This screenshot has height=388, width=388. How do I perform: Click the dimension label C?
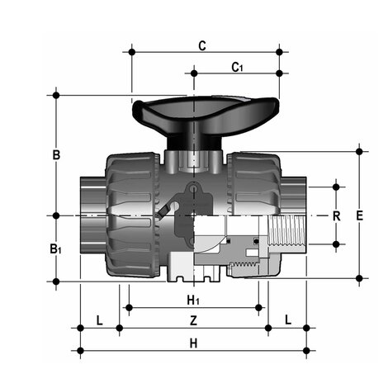[x=202, y=46]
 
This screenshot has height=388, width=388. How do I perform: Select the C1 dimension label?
[x=236, y=67]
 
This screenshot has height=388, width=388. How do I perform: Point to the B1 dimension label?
[x=55, y=248]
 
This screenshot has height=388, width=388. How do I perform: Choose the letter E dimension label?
[x=359, y=215]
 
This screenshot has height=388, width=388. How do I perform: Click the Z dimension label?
[x=193, y=319]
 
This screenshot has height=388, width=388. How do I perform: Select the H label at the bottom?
[x=193, y=342]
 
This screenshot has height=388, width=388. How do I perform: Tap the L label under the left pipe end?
[x=99, y=319]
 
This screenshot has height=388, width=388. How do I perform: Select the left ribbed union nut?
[x=132, y=215]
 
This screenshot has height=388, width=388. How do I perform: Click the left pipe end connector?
[x=91, y=216]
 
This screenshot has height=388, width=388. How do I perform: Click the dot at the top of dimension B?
[x=56, y=95]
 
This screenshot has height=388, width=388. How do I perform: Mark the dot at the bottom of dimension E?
[x=359, y=278]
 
